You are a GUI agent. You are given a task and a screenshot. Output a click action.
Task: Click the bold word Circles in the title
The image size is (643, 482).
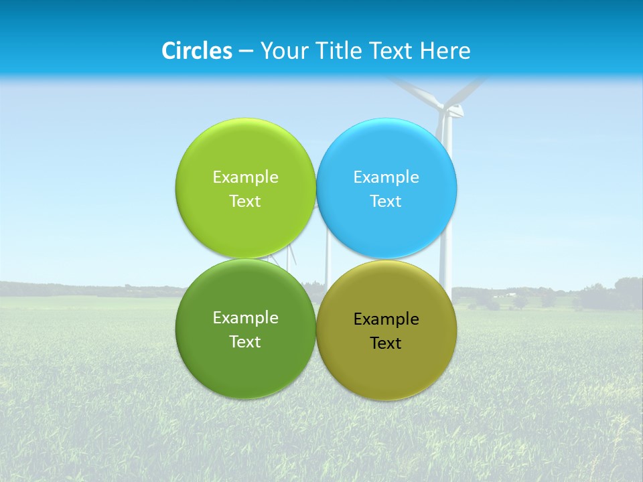(x=196, y=51)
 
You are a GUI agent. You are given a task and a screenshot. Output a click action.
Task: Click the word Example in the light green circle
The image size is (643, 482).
(x=245, y=177)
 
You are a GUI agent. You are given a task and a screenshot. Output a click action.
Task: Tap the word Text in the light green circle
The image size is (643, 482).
(x=245, y=201)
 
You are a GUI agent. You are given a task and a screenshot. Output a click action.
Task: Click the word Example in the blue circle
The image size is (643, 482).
(x=386, y=177)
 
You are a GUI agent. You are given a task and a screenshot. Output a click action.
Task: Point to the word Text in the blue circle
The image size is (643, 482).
(x=386, y=201)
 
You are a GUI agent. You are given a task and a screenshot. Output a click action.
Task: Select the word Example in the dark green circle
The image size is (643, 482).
(x=245, y=317)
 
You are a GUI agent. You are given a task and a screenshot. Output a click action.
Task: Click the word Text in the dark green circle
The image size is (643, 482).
(x=245, y=341)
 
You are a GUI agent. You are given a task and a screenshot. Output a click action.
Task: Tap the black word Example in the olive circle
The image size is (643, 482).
(x=386, y=319)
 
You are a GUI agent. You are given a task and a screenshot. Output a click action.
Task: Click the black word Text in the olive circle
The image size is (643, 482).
(x=386, y=343)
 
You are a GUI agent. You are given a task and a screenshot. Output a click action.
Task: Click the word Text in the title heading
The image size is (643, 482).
(x=392, y=51)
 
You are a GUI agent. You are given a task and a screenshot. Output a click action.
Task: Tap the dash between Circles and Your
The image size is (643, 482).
(x=246, y=52)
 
